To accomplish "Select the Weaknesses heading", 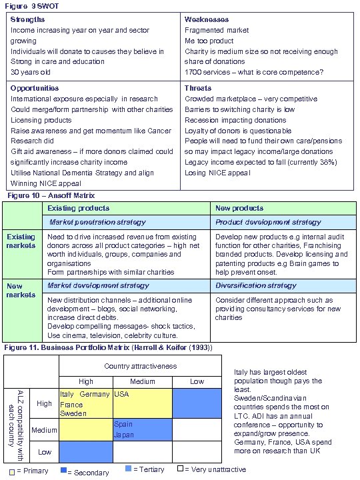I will pos(206,20).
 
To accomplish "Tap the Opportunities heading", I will pos(35,88).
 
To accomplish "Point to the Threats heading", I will pos(198,88).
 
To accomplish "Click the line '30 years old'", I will pos(30,72).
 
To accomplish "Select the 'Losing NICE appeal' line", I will pos(217,173).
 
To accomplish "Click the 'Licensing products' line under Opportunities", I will pos(42,119).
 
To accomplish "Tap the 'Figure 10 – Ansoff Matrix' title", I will pos(51,195).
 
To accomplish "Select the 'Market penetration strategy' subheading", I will pos(97,221).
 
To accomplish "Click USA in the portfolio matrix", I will pos(122,394).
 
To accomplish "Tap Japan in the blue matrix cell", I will pos(125,434).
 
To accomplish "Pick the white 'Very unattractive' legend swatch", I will pos(180,469).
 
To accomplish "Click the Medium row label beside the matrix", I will pos(44,429).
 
